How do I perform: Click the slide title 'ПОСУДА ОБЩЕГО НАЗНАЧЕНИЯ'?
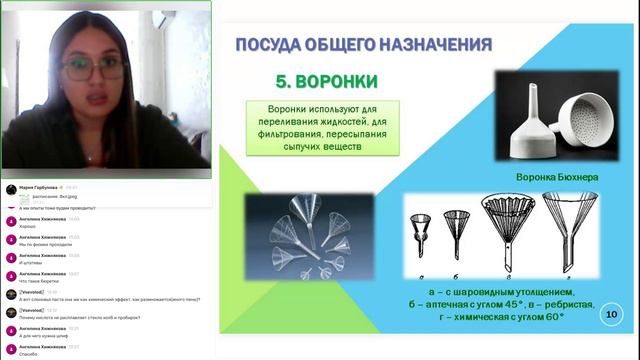(x=363, y=44)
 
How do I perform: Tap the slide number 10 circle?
(x=610, y=316)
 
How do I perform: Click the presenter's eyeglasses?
(x=90, y=70)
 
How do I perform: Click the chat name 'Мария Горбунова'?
(x=39, y=187)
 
